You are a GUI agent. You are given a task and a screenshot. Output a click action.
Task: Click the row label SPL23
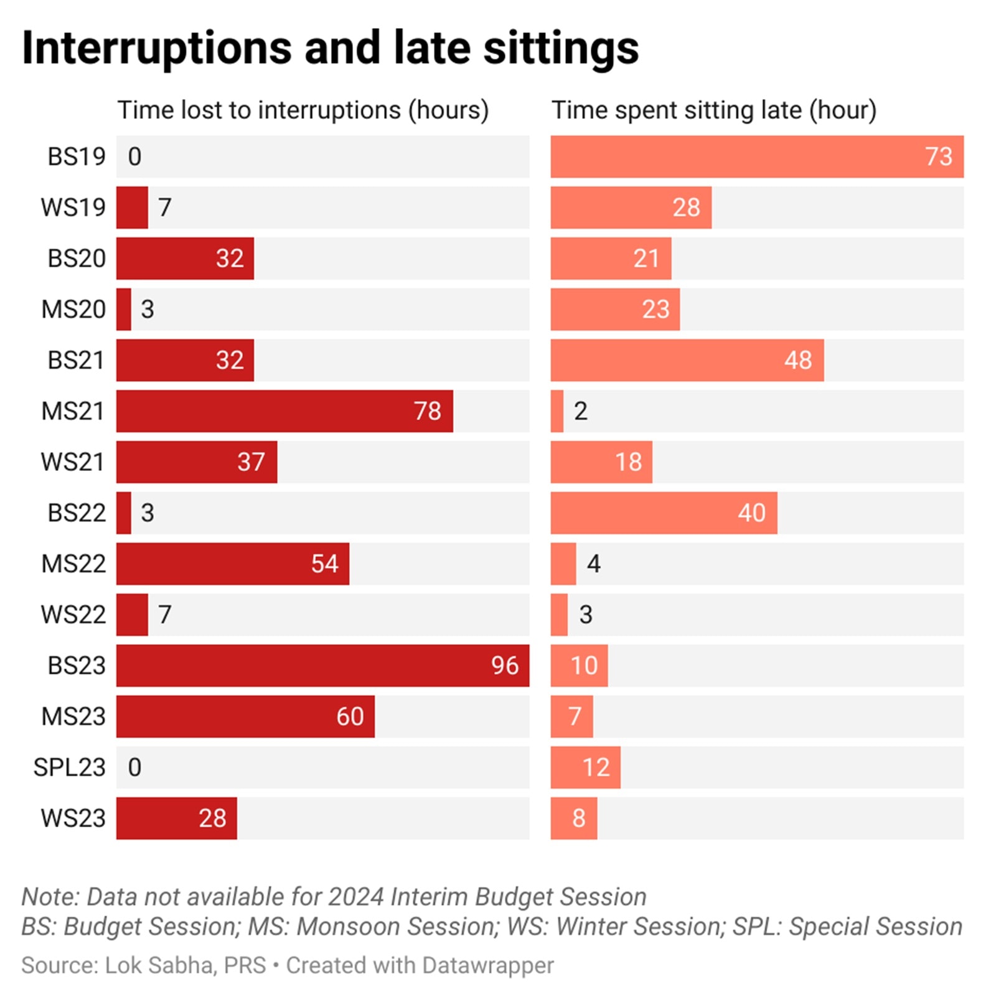click(x=69, y=767)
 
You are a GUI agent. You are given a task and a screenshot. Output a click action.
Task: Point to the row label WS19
click(x=73, y=207)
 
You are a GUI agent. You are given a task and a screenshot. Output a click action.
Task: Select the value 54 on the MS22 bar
click(x=324, y=564)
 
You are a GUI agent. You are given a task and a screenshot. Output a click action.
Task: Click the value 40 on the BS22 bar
click(x=751, y=513)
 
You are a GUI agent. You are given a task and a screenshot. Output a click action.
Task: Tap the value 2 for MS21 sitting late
click(x=580, y=411)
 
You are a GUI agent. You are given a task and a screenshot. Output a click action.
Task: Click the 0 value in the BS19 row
click(x=134, y=156)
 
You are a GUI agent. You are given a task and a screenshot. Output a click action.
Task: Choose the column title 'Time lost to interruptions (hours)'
click(x=303, y=110)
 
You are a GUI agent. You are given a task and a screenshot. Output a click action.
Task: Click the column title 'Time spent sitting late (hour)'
click(x=714, y=110)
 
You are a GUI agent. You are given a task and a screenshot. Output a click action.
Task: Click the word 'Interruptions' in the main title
click(x=156, y=48)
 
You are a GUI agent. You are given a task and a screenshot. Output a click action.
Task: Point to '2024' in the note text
click(x=356, y=897)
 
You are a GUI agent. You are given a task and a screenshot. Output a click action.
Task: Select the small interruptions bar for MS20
click(x=124, y=309)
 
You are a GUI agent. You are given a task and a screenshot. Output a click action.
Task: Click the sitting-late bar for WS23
click(x=573, y=818)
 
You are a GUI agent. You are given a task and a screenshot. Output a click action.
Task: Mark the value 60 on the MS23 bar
click(x=350, y=716)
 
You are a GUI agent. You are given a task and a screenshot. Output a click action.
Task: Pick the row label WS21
click(x=72, y=462)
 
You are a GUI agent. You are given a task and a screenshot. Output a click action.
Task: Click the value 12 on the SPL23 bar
click(x=596, y=767)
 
